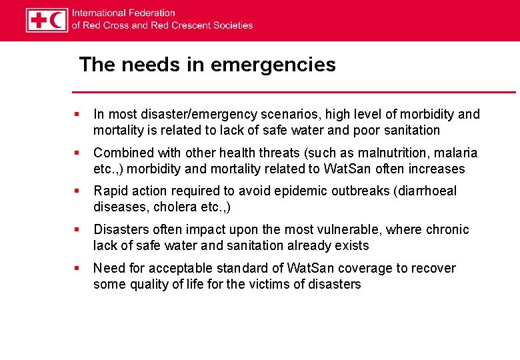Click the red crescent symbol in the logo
coord(57,20)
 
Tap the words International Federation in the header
coord(123,13)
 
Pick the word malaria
coord(457,153)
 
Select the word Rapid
coord(109,191)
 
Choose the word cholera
coord(175,207)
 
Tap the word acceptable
coord(173,269)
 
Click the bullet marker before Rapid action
coord(78,191)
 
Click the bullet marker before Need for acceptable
coord(78,269)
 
